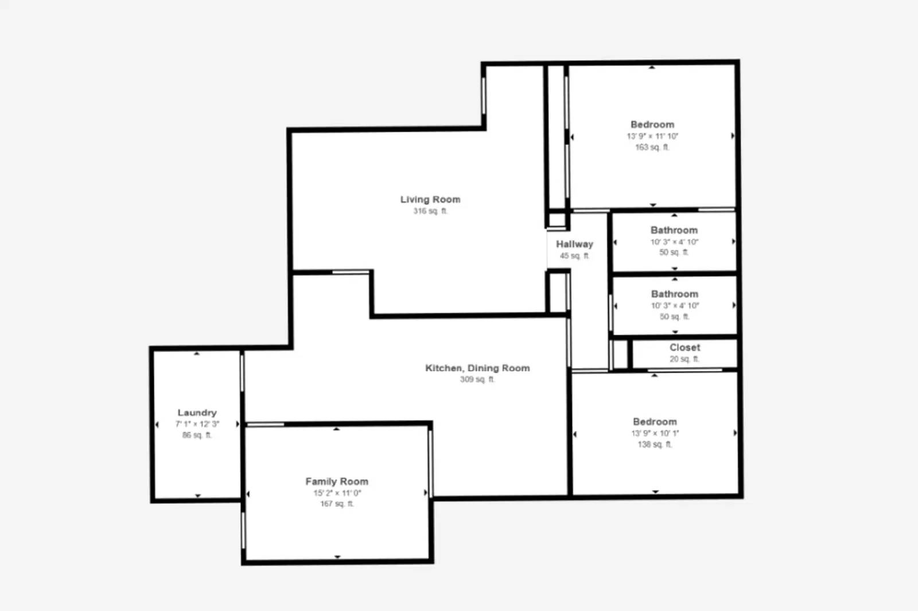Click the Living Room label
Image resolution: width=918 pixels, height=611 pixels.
tap(430, 199)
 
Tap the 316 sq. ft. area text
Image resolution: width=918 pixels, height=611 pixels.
tap(430, 211)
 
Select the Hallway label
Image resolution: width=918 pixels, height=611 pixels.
tap(574, 244)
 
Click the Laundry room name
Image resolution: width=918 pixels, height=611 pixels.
tap(197, 413)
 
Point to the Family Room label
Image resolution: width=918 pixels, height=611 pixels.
tap(337, 481)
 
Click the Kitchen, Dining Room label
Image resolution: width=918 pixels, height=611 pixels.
tap(477, 368)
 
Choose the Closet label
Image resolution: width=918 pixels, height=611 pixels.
tap(684, 347)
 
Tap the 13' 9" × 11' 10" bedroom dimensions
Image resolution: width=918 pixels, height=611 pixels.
tap(652, 136)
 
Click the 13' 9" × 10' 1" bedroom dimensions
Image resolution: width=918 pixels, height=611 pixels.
tap(655, 433)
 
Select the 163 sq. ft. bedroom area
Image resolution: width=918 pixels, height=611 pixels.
tap(652, 147)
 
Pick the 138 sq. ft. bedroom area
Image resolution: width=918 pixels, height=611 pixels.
tap(655, 444)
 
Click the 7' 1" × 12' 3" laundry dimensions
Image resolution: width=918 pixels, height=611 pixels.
tap(197, 424)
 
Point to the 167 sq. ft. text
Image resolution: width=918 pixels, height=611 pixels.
tap(337, 504)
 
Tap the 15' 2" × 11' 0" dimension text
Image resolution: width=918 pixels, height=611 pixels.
tap(337, 493)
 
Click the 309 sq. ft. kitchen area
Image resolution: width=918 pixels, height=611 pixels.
tap(477, 379)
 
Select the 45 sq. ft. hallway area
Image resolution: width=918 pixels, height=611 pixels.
tap(574, 256)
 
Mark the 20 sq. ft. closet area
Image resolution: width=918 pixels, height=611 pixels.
tap(684, 359)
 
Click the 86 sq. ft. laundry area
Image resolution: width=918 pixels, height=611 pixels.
tap(197, 435)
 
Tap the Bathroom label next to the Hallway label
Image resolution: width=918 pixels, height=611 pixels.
tap(674, 230)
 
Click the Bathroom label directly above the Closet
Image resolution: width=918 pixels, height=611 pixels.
tap(675, 294)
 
